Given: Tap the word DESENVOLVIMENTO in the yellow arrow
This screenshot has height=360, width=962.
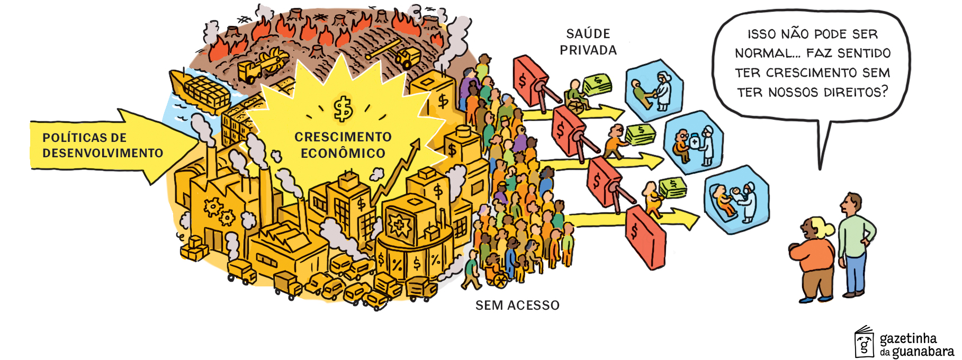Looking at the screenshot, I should [x=103, y=153].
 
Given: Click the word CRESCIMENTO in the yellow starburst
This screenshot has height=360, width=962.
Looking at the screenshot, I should [x=343, y=137].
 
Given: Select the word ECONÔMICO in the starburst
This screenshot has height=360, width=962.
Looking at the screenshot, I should [x=343, y=154].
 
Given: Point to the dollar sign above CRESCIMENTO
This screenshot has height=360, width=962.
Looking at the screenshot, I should [x=343, y=109].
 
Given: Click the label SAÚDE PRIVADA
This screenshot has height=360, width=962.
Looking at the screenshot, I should [x=588, y=42].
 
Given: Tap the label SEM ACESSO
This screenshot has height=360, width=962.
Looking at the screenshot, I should [x=517, y=305].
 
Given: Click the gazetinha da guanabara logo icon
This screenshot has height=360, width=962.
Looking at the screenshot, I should [x=864, y=342].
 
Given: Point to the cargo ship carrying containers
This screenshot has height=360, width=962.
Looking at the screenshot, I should [x=199, y=90].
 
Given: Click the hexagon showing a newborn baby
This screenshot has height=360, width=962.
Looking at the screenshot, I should [x=736, y=199].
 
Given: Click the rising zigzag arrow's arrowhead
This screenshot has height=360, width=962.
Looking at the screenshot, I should [x=416, y=143].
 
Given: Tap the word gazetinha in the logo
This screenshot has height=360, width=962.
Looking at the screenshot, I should [x=908, y=338].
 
